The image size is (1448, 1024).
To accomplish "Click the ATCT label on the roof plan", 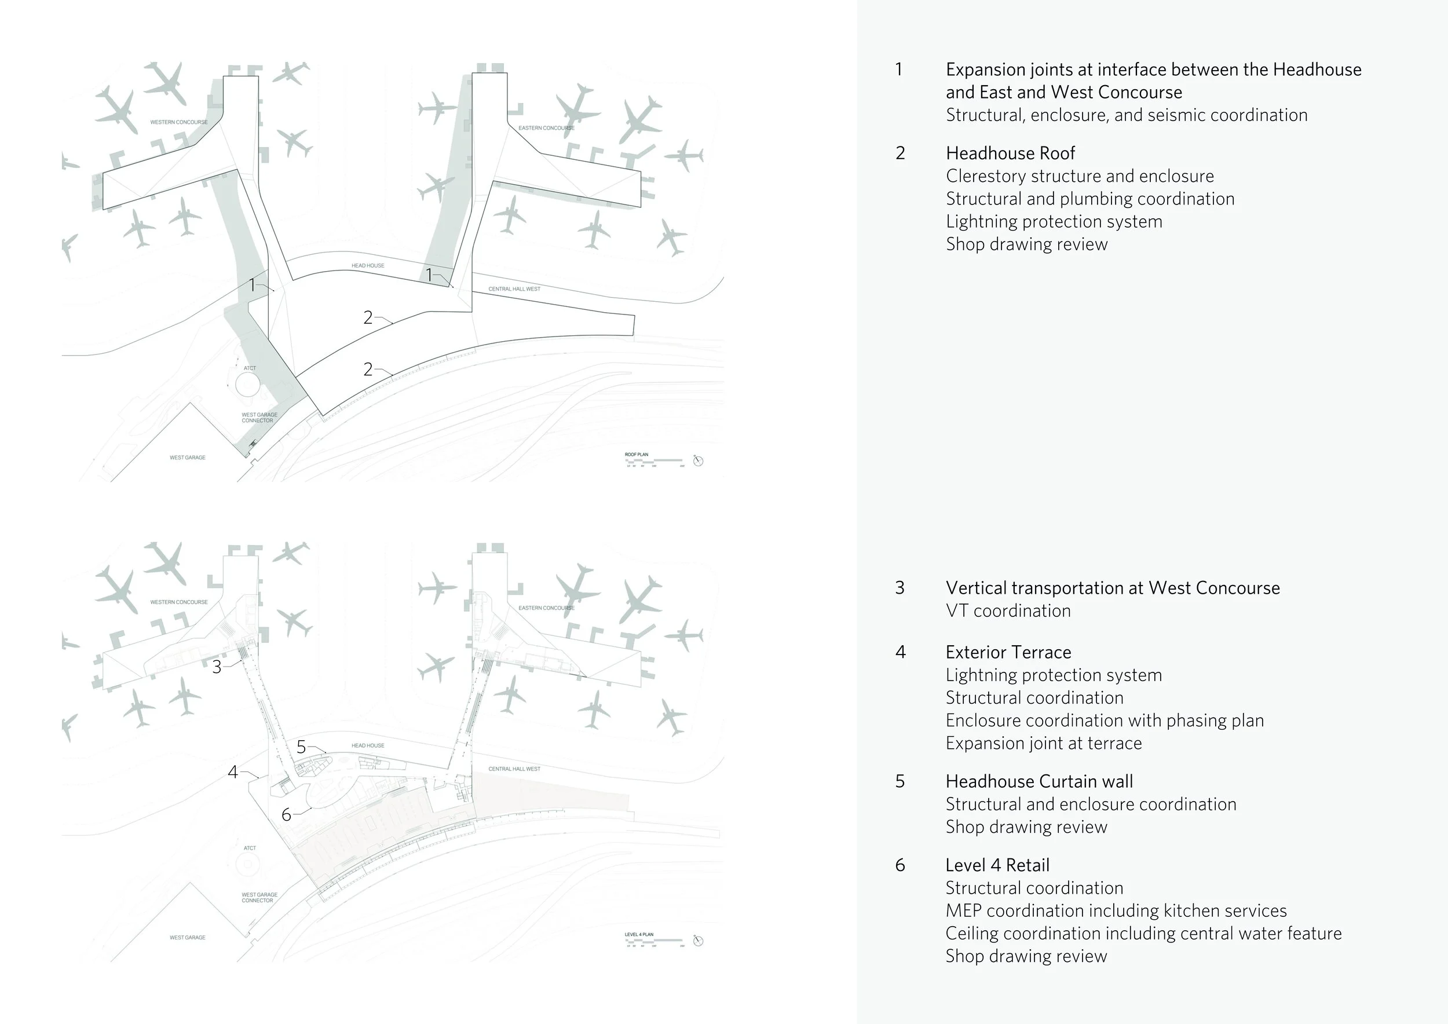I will tap(250, 368).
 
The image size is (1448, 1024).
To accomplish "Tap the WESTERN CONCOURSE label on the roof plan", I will tap(178, 122).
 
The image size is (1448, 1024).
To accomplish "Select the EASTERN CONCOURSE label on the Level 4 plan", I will tap(546, 608).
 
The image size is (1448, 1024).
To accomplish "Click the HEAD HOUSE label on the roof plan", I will tap(368, 265).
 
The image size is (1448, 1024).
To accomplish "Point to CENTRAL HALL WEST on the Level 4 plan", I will tap(514, 769).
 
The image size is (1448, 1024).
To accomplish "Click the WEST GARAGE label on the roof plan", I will tap(187, 458).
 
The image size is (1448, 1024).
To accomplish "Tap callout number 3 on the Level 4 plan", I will tap(217, 667).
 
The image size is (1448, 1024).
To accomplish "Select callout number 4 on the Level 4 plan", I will tap(233, 772).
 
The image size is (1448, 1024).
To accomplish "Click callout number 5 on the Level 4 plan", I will tap(301, 747).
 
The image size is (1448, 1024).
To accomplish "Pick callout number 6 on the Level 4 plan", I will tap(286, 815).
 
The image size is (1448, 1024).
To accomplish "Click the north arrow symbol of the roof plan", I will tap(698, 461).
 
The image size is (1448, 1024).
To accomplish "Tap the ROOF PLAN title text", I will tap(637, 455).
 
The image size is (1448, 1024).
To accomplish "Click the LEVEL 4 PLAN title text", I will tap(639, 934).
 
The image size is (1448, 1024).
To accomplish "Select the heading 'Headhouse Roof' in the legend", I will tap(1010, 153).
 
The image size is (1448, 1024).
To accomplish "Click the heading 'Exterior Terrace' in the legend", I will tap(1008, 652).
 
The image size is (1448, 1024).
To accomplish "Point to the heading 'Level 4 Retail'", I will tap(997, 865).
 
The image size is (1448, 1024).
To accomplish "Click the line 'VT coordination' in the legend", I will tap(1008, 610).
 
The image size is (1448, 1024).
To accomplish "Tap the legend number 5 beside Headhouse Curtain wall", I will tap(900, 781).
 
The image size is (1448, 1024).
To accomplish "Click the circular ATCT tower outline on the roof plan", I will tap(247, 384).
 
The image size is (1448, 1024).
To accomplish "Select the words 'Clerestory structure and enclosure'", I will tap(1080, 176).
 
